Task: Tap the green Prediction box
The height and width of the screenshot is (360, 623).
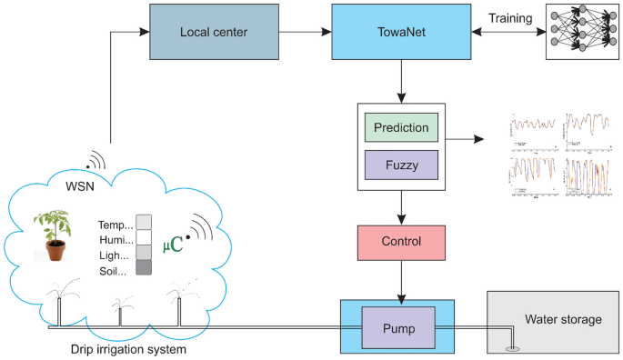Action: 401,127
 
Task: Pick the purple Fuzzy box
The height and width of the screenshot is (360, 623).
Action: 401,165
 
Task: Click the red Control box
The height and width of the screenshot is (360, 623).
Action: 401,243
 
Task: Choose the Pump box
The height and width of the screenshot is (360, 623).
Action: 401,325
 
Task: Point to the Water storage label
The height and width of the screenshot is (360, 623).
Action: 563,319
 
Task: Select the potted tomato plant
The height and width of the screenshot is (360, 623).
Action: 54,235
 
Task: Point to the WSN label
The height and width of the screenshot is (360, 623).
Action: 78,187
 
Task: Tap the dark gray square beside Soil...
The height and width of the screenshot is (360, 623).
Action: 144,268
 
